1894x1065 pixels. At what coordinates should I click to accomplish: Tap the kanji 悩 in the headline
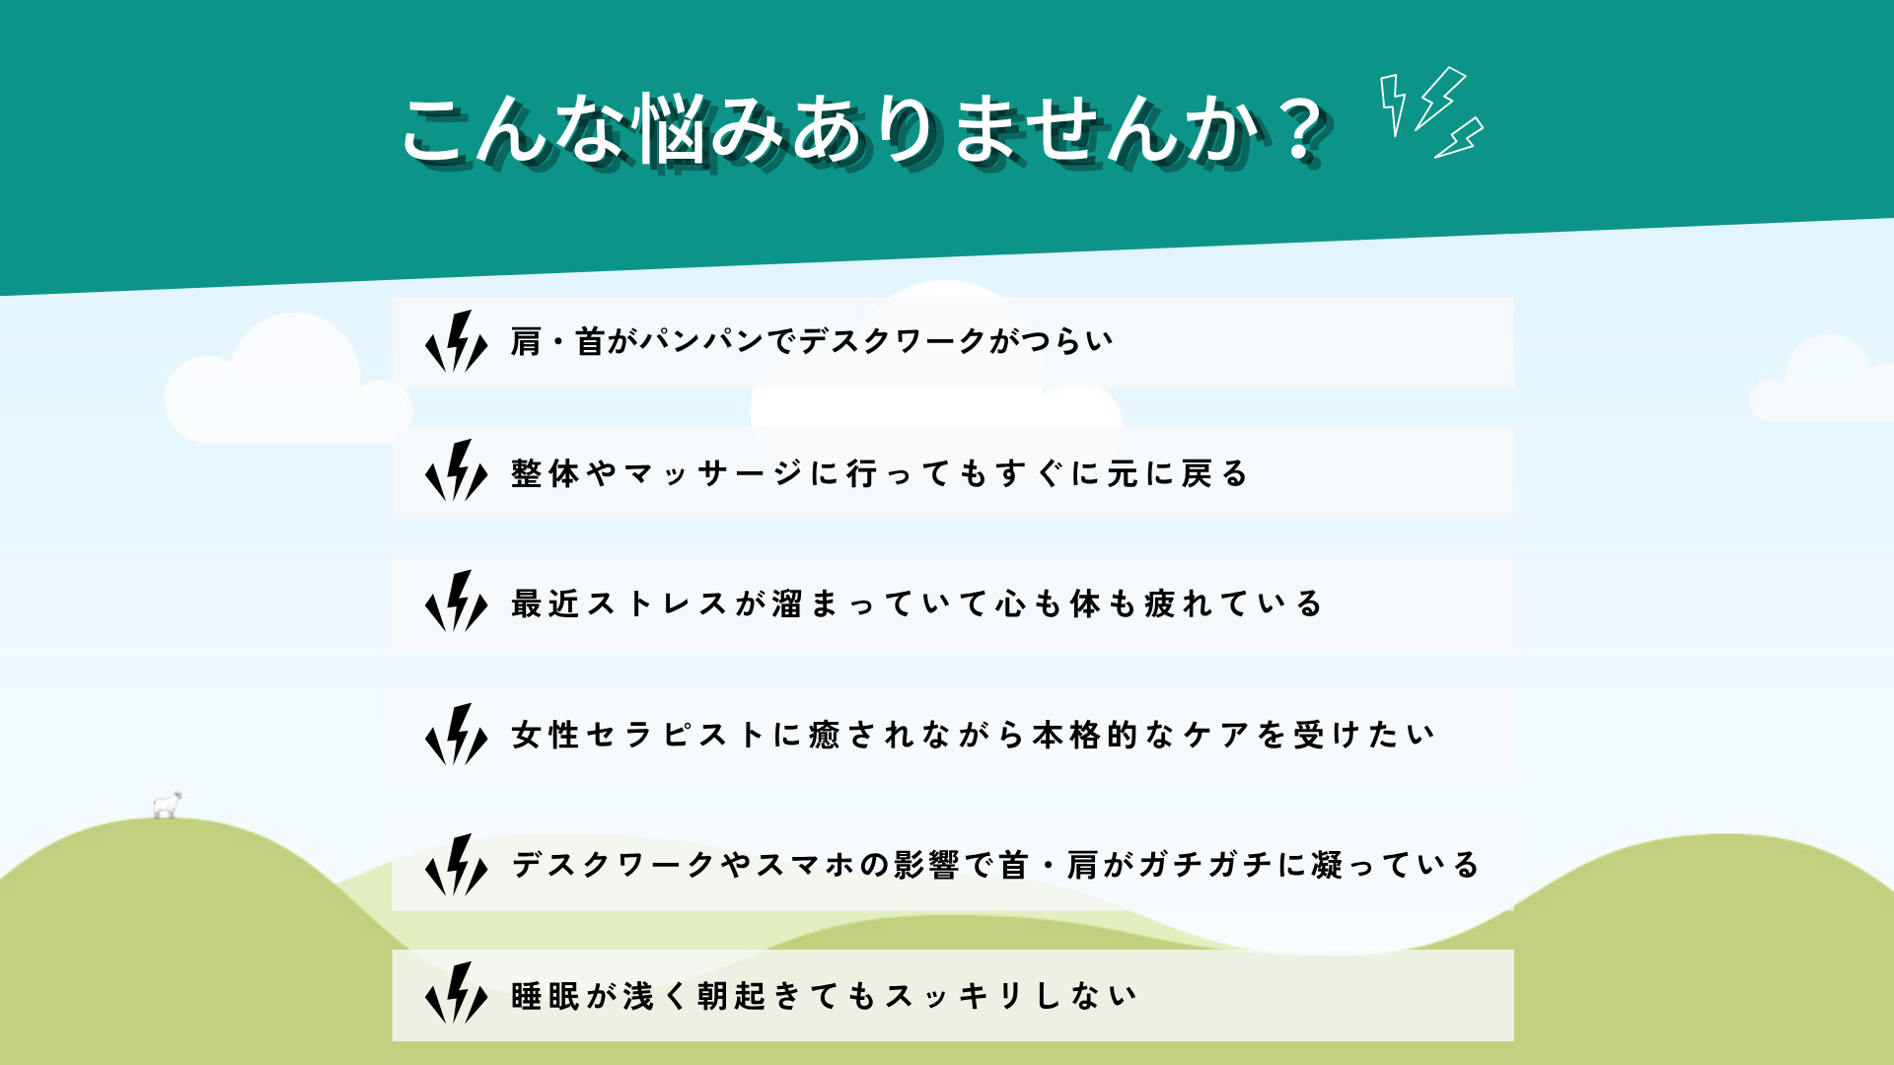673,129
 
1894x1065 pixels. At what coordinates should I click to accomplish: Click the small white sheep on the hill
168,805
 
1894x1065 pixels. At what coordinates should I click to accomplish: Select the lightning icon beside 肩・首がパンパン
456,341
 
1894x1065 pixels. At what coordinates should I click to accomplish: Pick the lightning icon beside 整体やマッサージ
456,471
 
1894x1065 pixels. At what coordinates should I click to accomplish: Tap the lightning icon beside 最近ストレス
456,602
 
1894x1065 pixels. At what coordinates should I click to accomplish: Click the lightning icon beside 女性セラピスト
456,734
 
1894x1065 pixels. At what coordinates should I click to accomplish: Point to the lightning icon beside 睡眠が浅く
456,994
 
